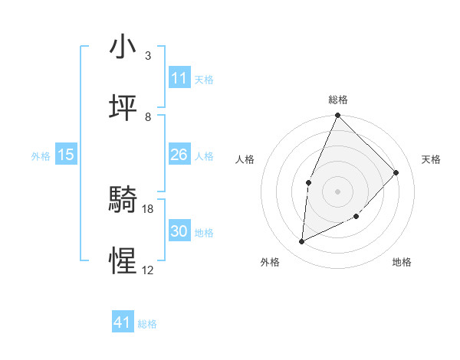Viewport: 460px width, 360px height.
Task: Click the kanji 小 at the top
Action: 123,47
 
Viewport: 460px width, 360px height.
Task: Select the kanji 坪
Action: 123,108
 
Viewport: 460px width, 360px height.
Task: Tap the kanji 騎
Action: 123,200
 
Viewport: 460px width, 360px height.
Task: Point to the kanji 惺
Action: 123,261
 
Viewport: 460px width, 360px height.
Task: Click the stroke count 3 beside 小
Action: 148,56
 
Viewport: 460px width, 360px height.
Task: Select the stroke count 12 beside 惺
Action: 148,270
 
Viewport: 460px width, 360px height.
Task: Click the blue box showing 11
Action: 179,78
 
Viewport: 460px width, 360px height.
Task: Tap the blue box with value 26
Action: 179,155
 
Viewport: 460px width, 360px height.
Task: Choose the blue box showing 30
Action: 179,231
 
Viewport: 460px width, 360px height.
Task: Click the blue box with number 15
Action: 66,155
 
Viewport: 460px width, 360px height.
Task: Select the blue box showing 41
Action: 123,322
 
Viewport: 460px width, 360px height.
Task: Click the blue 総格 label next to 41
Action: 147,324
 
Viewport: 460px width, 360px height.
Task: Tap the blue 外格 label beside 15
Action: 41,156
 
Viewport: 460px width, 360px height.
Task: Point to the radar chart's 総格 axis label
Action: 338,100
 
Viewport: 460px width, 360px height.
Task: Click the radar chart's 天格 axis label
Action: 432,159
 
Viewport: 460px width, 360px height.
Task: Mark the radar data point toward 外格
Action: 302,242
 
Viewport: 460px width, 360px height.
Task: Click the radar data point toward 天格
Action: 396,172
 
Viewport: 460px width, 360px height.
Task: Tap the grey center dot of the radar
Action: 338,191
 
